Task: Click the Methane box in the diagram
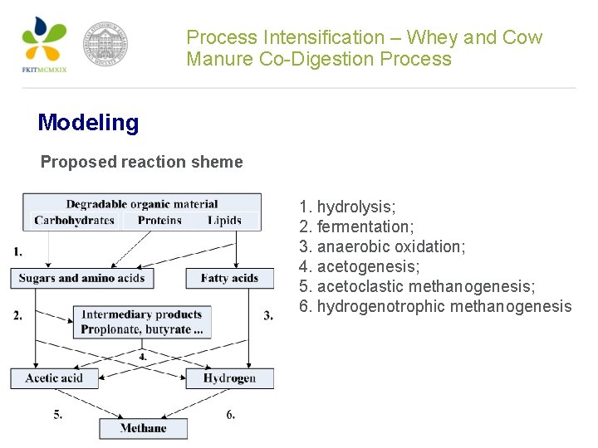coord(143,428)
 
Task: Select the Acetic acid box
coord(54,378)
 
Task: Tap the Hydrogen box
coord(229,378)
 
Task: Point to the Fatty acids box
coord(229,278)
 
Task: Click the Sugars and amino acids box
coord(81,278)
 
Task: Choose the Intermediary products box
coord(142,322)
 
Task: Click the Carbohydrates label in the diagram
coord(75,220)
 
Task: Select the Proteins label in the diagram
coord(159,220)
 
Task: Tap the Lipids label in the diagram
coord(225,220)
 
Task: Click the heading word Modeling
coord(88,123)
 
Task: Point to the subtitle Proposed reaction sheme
coord(141,162)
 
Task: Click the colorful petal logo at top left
coord(43,41)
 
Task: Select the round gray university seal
coord(105,45)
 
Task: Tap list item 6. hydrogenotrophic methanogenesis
coord(435,306)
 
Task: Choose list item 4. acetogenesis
coord(359,266)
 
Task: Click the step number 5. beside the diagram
coord(58,415)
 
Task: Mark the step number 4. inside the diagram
coord(143,356)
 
